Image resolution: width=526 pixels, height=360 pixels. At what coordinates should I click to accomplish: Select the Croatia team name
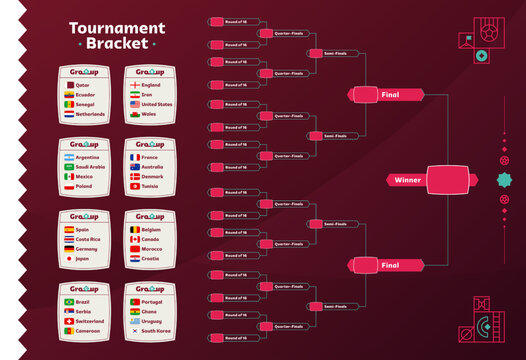click(151, 258)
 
